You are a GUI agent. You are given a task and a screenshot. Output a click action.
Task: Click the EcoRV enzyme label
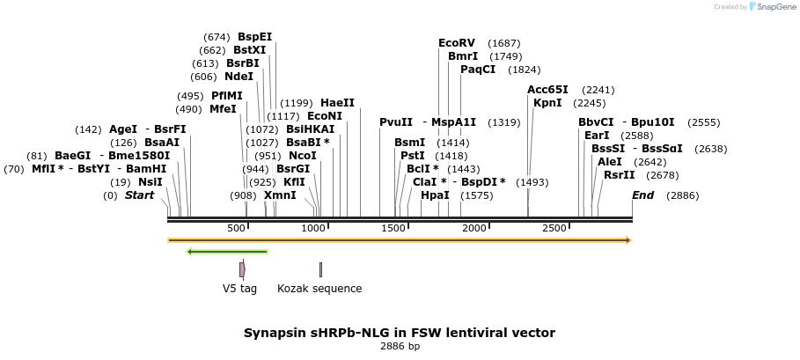pos(456,42)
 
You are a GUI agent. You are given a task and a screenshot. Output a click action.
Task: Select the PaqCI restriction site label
pos(478,70)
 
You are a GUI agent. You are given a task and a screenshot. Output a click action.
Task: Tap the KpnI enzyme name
pos(547,103)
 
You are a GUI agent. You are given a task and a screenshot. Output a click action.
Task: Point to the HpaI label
pos(435,195)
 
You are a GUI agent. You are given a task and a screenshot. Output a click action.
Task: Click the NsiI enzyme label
pos(150,181)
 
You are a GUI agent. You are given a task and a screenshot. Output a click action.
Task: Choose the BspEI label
pos(255,37)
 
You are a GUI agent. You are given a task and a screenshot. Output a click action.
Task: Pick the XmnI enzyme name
pos(280,195)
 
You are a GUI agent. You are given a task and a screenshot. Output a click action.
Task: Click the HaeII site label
pos(337,103)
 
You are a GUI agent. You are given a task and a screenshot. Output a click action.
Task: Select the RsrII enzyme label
pos(619,175)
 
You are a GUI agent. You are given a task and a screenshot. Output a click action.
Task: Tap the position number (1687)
pos(504,43)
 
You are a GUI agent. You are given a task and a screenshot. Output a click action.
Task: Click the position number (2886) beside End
pos(682,195)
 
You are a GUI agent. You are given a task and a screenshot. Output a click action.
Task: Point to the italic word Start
pos(139,195)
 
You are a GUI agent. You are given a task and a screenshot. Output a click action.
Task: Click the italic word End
pos(642,195)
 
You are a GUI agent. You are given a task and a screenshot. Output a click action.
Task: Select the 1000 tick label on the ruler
pos(314,229)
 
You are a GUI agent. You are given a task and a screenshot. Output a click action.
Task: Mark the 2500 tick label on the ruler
pos(554,229)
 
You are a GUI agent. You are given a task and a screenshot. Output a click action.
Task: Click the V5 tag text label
pos(239,288)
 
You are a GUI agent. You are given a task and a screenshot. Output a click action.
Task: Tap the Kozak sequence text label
pos(319,288)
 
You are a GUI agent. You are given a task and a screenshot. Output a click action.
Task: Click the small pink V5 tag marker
pos(242,269)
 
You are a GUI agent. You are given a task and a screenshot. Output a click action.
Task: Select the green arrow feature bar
pos(227,252)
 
